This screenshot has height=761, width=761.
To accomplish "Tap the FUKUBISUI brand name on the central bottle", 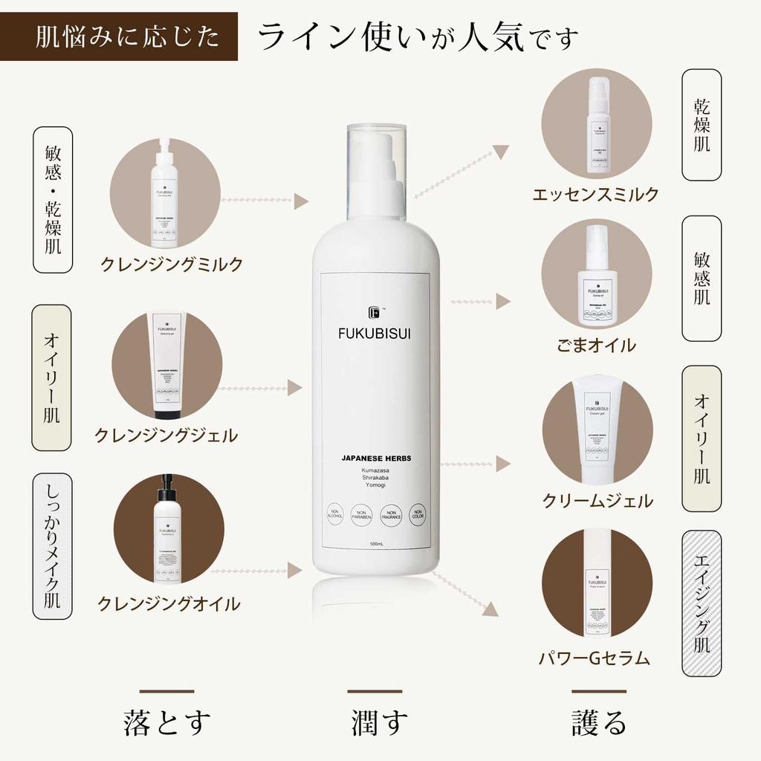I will (x=374, y=333).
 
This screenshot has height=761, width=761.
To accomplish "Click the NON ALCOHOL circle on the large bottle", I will (x=335, y=514).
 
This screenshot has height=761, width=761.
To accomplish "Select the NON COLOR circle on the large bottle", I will (x=418, y=514).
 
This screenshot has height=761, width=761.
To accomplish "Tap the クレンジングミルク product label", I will (x=172, y=264).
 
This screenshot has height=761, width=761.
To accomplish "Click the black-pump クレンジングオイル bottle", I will (x=169, y=530).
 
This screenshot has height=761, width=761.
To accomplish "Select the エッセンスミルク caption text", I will (x=595, y=195).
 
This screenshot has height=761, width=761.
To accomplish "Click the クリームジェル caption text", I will (x=598, y=500).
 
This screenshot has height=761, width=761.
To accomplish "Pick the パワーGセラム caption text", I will (x=595, y=658).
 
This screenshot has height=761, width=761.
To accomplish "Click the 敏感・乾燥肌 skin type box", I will (x=53, y=200).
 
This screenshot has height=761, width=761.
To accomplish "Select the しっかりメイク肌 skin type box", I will (x=53, y=545).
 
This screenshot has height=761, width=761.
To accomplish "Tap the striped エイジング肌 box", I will (x=702, y=603).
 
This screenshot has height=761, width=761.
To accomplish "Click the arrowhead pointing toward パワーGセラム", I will (x=490, y=610).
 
